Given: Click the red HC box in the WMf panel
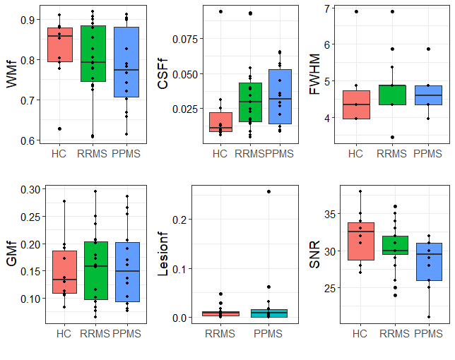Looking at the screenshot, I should click(59, 44).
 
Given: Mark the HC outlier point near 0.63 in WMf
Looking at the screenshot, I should click(59, 128).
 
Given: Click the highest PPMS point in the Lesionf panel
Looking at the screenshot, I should click(268, 191).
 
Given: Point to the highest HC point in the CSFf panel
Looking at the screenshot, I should click(220, 11).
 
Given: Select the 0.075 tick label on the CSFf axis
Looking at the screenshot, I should click(183, 39).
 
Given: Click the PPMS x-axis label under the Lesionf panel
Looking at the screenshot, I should click(268, 333).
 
